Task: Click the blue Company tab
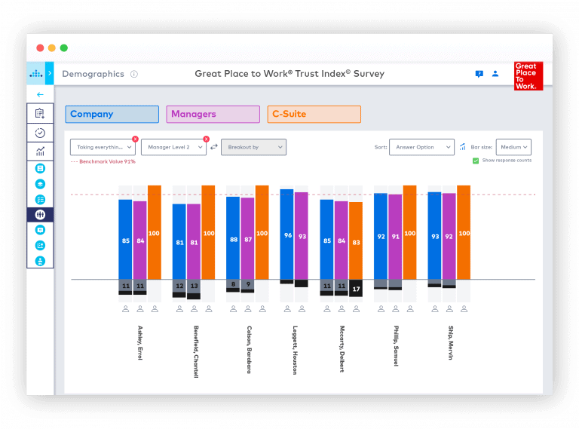pos(112,115)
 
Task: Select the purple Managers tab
pos(213,115)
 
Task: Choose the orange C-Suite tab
pos(314,115)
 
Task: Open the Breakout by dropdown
pos(253,147)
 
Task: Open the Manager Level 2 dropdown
pos(173,147)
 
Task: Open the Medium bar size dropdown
pos(513,147)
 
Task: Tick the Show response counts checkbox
pos(476,161)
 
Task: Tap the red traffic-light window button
pos(40,47)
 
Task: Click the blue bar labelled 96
pos(287,234)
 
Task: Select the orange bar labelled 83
pos(356,241)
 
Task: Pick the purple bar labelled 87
pos(247,239)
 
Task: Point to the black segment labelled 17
pos(356,288)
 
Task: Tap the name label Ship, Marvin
pos(450,344)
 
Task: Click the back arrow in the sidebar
pos(40,95)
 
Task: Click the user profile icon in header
pos(495,74)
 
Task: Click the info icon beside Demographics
pos(134,75)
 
